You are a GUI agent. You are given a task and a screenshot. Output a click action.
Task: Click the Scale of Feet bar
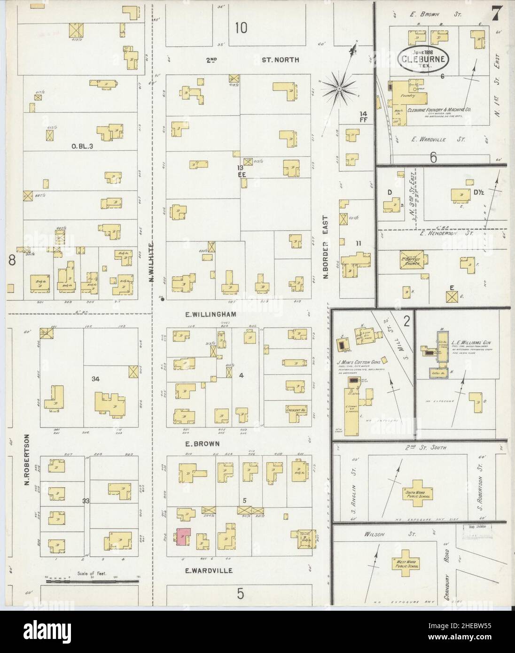click(x=92, y=582)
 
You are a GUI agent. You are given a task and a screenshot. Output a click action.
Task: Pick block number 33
click(x=86, y=501)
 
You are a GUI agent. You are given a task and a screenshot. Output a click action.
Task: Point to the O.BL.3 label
click(x=83, y=146)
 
